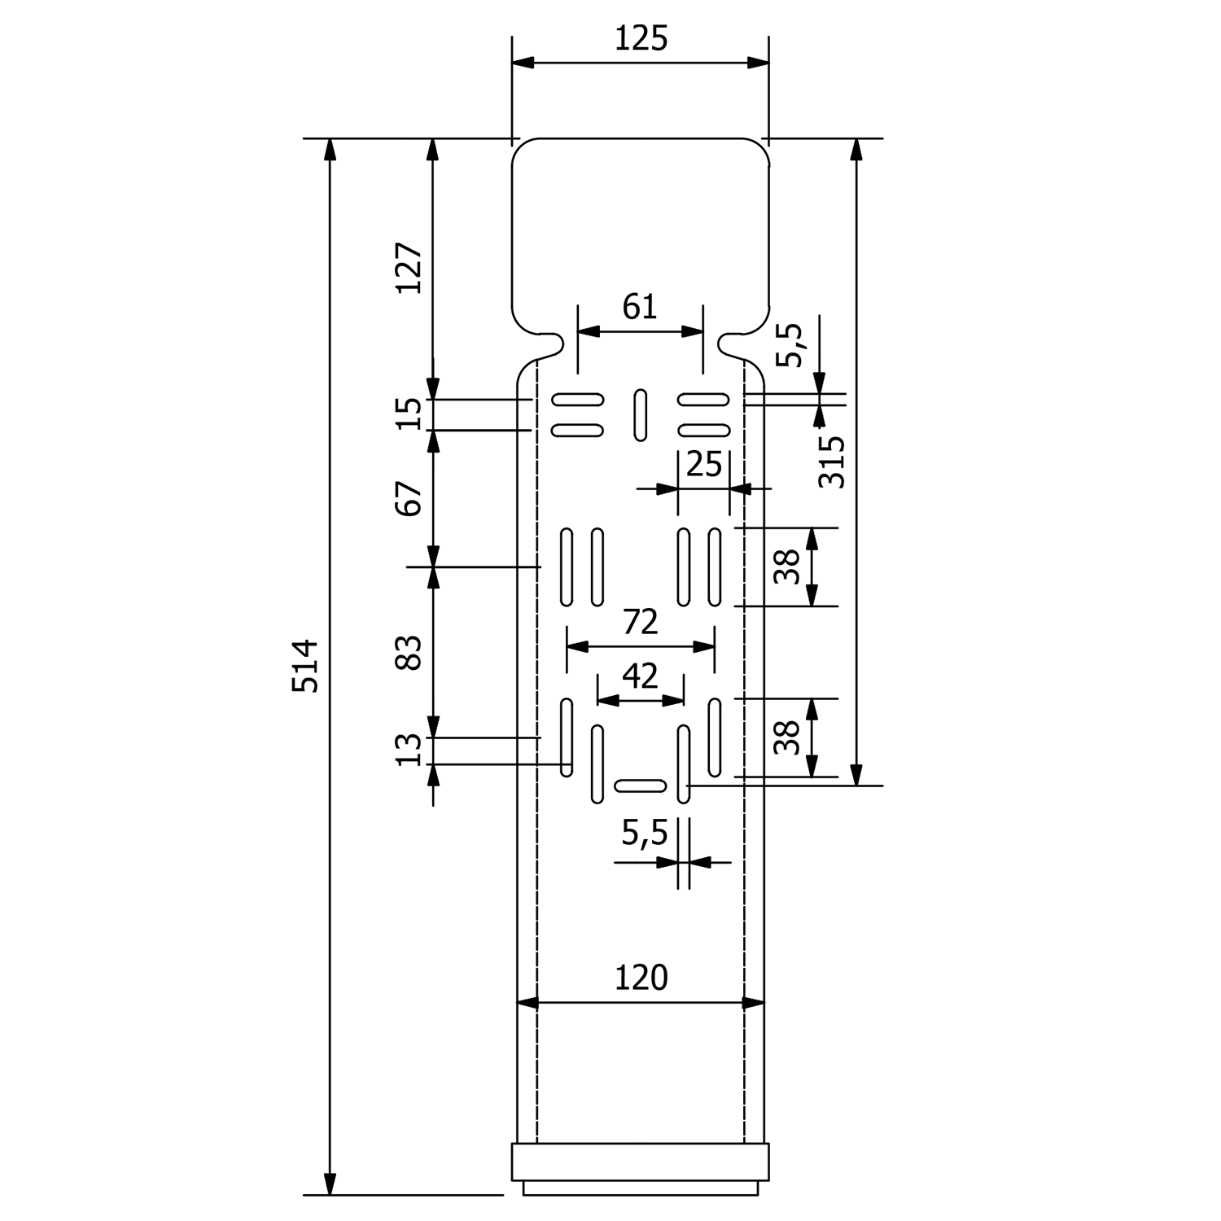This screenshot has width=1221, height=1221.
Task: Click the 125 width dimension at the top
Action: tap(641, 38)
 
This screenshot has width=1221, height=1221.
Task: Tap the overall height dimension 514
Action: tap(305, 666)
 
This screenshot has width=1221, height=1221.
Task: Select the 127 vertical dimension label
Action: tap(409, 268)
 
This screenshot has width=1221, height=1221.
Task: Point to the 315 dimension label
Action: tap(832, 462)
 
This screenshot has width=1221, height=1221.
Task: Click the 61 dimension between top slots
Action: tap(640, 307)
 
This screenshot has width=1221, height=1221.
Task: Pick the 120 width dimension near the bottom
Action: tap(641, 977)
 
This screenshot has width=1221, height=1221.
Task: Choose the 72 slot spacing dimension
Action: tap(640, 622)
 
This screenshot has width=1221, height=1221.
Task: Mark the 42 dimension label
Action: tap(640, 676)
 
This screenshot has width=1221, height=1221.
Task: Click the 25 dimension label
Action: tap(704, 465)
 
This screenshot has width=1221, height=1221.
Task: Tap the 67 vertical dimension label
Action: tap(409, 498)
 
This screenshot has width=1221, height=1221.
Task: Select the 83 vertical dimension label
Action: tap(409, 651)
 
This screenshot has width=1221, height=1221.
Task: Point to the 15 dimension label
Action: tap(409, 414)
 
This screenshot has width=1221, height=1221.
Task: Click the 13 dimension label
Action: tap(409, 750)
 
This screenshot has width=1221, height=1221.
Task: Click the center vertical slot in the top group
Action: tap(641, 415)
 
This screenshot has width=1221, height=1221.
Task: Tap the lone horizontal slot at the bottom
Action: tap(641, 786)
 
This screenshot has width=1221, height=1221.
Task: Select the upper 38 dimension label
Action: tap(786, 567)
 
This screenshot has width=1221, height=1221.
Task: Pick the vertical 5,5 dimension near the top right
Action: tap(788, 345)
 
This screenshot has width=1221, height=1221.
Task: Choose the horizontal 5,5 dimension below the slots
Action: tap(645, 833)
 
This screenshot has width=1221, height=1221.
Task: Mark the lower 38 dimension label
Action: tap(786, 737)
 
